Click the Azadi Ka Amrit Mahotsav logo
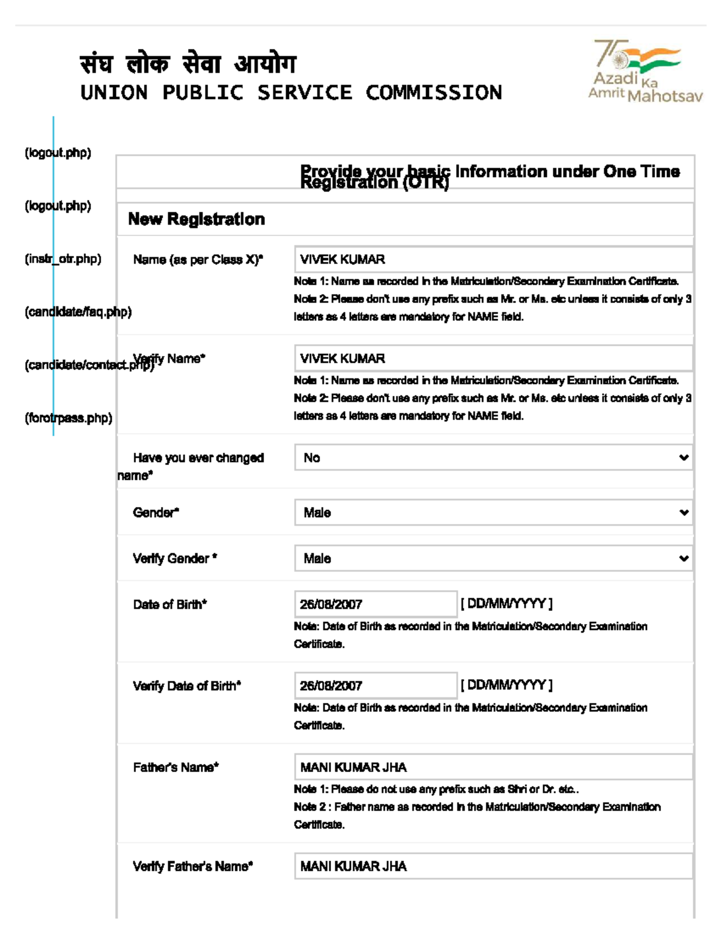click(x=645, y=71)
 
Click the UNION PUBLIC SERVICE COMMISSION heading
click(x=291, y=93)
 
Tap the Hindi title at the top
click(x=188, y=64)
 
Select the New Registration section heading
click(x=196, y=219)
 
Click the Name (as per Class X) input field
click(x=493, y=260)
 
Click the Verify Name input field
click(x=493, y=359)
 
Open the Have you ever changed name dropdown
click(x=493, y=458)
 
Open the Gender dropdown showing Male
click(x=493, y=512)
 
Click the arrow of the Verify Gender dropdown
click(x=683, y=559)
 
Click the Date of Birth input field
click(x=376, y=604)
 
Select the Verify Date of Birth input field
click(x=376, y=685)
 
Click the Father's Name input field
click(x=493, y=767)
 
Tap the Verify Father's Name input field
click(x=493, y=866)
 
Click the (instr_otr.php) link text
click(x=63, y=259)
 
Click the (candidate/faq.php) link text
click(x=78, y=312)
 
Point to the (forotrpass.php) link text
click(x=68, y=418)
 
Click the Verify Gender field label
click(x=175, y=559)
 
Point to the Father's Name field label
click(x=176, y=767)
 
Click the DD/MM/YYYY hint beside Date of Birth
click(x=507, y=603)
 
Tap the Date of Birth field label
click(x=170, y=604)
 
